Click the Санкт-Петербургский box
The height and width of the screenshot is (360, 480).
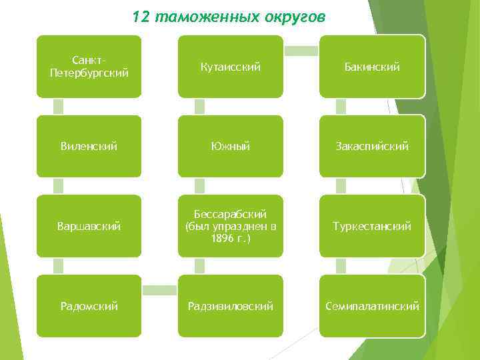pos(89,67)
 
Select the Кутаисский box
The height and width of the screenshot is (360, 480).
pos(231,67)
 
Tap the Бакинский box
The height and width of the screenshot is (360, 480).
pos(372,67)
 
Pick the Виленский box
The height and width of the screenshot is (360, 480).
pos(89,146)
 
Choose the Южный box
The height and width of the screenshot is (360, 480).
pos(231,146)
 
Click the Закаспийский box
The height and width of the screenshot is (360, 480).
pos(372,146)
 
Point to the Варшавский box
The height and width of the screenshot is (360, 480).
pos(89,226)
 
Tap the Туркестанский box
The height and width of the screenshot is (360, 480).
pos(372,226)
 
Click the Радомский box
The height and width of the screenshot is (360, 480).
pos(89,306)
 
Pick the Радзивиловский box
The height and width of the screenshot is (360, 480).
pos(231,306)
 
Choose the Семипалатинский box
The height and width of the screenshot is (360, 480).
pos(372,306)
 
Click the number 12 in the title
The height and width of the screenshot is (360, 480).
pos(141,17)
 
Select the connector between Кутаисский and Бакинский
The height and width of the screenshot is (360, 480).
pos(301,51)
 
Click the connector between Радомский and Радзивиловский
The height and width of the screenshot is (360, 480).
pos(159,290)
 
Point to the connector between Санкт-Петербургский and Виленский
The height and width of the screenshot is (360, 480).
pos(59,107)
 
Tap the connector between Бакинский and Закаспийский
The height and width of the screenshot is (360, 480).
pos(341,107)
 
